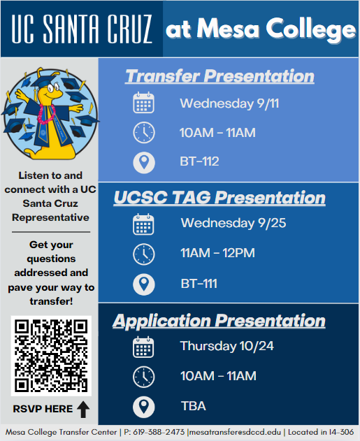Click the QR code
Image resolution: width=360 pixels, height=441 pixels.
pos(51,356)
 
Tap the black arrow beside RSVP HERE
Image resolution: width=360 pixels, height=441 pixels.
pos(83,410)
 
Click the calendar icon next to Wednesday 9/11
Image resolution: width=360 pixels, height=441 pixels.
pos(143,103)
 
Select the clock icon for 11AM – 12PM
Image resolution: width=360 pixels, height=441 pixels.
pos(144,254)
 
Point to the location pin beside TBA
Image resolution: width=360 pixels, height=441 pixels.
pos(144,407)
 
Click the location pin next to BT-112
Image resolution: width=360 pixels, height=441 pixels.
pos(144,163)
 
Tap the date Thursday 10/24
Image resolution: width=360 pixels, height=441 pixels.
pos(227,346)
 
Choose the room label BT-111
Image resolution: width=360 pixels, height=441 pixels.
pos(199,284)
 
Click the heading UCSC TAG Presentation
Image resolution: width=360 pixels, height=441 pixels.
pos(219,198)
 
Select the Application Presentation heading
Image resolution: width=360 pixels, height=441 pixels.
pos(219,321)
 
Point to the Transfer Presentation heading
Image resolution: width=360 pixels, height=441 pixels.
pos(219,76)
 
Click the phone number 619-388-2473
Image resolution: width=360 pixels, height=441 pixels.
pos(159,432)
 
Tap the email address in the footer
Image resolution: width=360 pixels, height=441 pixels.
pos(235,433)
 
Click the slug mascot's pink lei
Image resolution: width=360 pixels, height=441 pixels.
pos(46,114)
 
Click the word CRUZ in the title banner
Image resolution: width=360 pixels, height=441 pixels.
pos(129,29)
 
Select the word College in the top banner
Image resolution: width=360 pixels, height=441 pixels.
pos(311,29)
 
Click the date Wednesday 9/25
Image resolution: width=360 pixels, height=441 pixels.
pos(233,224)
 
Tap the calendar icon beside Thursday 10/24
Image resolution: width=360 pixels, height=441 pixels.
pos(143,347)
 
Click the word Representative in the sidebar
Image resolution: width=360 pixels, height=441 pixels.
pos(50,217)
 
